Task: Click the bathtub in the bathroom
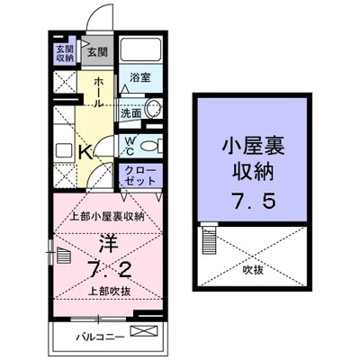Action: coord(139,50)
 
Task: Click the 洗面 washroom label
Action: coord(131,113)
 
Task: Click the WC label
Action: coord(129,143)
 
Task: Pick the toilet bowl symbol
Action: coord(150,145)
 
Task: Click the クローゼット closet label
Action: coord(132,175)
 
